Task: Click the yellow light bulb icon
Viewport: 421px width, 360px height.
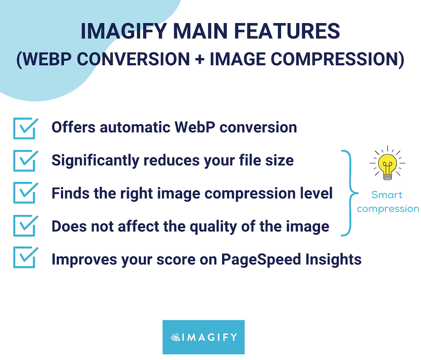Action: point(387,164)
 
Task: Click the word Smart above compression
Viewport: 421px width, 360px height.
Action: point(387,195)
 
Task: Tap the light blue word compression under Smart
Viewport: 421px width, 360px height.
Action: point(388,209)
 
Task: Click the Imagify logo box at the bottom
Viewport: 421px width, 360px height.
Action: point(204,337)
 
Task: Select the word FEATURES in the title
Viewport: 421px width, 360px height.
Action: point(287,31)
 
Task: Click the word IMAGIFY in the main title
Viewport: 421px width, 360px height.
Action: point(124,31)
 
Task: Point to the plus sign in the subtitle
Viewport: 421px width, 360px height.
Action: point(200,59)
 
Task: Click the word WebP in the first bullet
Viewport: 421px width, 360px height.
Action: point(195,127)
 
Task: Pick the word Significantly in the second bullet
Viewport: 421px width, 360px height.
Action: point(95,161)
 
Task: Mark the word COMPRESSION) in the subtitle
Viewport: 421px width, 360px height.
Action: point(337,59)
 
